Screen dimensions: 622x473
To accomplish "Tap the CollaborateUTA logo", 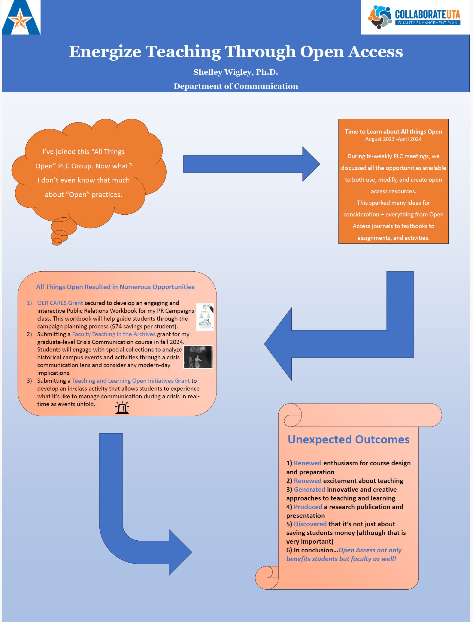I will [415, 17].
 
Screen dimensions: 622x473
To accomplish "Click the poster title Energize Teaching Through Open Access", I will [236, 52].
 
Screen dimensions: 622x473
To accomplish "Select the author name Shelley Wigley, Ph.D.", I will [236, 72].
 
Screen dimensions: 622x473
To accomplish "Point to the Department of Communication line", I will [236, 86].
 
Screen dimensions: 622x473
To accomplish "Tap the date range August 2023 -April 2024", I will [393, 139].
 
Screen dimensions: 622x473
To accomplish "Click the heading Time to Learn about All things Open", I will [393, 131].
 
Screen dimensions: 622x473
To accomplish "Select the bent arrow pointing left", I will [339, 339].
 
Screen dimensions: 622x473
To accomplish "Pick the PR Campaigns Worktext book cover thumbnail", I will [205, 317].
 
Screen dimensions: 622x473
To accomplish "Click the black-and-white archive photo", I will [198, 357].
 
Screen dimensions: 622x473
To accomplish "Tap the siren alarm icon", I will [122, 408].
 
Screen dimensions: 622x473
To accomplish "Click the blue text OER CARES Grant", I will [60, 303].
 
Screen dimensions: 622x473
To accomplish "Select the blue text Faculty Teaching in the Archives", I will [114, 334].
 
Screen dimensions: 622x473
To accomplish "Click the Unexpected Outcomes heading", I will [348, 439].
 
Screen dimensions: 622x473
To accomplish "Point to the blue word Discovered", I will [310, 524].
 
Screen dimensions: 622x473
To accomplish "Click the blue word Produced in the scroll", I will [308, 507].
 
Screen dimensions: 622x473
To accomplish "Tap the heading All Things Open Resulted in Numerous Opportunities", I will [115, 287].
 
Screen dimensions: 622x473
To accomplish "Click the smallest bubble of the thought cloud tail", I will [57, 242].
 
